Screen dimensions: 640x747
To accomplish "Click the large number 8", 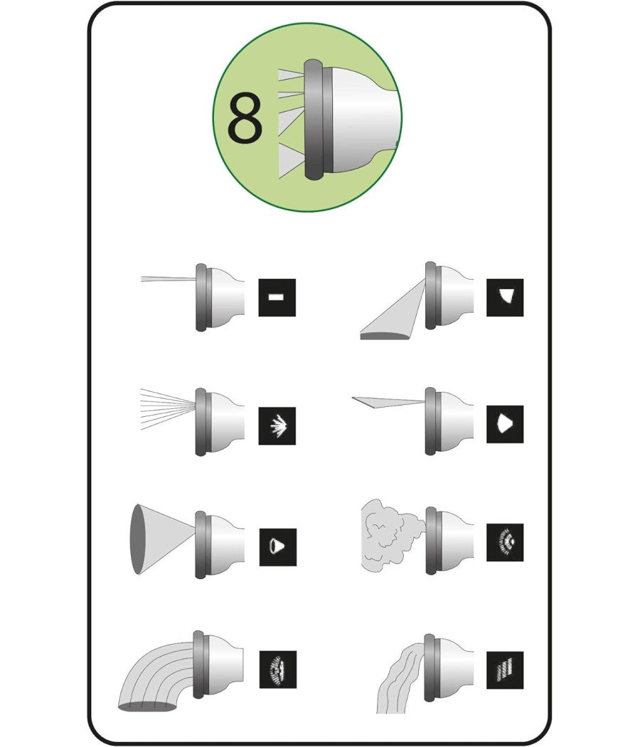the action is (245, 118).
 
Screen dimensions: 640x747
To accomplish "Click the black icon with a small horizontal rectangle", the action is (277, 298).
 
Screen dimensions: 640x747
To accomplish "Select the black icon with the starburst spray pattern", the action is (277, 426).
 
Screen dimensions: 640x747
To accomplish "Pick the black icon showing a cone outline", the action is (277, 547).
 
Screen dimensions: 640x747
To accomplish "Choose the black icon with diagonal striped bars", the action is (505, 670).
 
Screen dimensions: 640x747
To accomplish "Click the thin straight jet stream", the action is (169, 279).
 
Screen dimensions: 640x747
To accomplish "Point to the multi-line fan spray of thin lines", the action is (168, 409).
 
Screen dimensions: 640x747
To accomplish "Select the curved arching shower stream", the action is (157, 677).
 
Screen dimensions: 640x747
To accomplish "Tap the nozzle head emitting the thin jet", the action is (220, 297).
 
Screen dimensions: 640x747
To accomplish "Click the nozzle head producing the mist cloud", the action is (449, 541).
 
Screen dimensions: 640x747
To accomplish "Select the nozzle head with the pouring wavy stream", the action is (449, 669).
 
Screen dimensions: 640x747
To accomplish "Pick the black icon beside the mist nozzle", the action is (505, 542).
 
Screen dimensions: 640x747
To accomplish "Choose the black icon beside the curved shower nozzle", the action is (277, 669).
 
